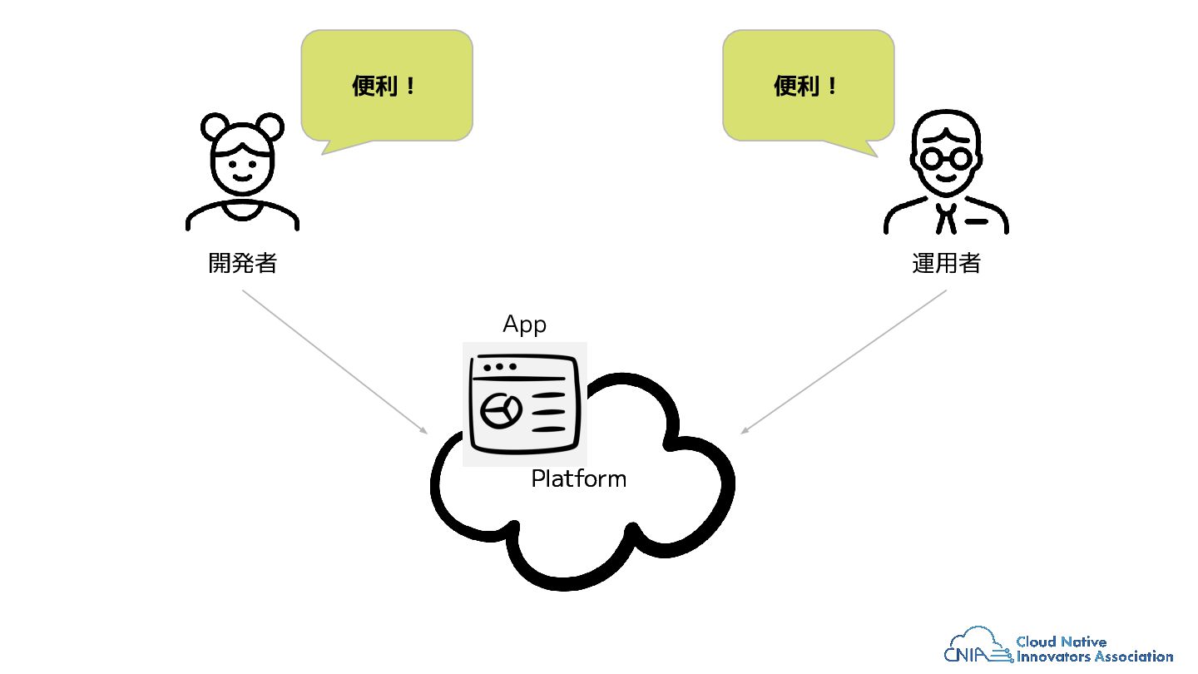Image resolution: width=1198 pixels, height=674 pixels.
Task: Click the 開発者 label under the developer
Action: pos(242,263)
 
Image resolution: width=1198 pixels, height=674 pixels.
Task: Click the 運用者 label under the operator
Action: pos(946,263)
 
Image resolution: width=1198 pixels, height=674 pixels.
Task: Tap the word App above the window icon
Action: pos(524,325)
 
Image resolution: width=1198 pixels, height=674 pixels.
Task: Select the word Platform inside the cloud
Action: pos(579,478)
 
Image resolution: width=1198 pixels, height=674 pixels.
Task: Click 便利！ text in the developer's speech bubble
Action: pos(384,86)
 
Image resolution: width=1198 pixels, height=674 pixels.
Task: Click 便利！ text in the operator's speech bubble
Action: pos(805,86)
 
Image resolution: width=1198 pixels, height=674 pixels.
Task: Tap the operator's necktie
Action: pos(946,218)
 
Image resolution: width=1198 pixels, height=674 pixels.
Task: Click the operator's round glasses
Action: pos(946,158)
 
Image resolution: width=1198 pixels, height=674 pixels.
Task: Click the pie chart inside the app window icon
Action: pos(501,411)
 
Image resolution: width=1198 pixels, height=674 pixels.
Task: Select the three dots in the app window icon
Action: pos(499,367)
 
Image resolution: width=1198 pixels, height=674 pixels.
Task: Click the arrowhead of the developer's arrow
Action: pos(423,430)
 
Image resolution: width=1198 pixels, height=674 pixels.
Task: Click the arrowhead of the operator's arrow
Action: pos(745,430)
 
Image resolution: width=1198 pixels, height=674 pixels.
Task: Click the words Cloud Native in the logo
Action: pos(1061,642)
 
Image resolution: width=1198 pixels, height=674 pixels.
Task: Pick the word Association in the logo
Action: pos(1134,657)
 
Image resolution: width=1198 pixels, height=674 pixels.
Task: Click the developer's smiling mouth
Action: pos(242,177)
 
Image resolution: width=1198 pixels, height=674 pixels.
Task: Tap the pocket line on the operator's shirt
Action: pos(976,221)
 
